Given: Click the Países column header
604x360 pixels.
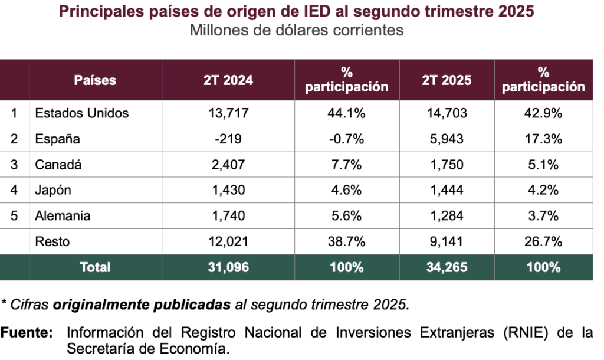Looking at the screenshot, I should pos(95,80).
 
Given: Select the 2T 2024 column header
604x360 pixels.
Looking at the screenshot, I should pos(228,80).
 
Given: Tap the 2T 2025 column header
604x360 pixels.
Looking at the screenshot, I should pos(447,80).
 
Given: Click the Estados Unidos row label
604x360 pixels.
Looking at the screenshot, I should pos(82,113).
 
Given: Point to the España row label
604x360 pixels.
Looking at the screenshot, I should pos(58,139).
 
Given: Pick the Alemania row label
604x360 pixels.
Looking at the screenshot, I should pos(63,215).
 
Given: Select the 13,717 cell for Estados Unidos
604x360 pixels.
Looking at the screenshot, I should pos(228,113).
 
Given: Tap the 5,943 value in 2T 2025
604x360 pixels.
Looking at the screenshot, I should pos(447,139).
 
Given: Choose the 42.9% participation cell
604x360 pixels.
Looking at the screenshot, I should pos(543,113).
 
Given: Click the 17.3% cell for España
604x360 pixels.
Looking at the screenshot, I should pos(543,139).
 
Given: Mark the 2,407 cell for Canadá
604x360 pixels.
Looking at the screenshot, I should pos(228,165).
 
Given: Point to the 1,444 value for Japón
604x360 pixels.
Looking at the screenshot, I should pos(447,190).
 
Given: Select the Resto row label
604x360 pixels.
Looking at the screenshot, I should pos(52,241).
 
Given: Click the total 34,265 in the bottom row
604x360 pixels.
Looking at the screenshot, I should pos(447,267).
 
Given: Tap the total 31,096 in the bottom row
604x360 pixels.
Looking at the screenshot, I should pos(228,267).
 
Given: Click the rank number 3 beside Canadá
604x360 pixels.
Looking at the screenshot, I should pos(14,165).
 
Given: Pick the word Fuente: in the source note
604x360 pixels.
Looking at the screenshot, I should pos(27,333).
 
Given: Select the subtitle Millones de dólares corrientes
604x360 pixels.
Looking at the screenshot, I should pos(297,30).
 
